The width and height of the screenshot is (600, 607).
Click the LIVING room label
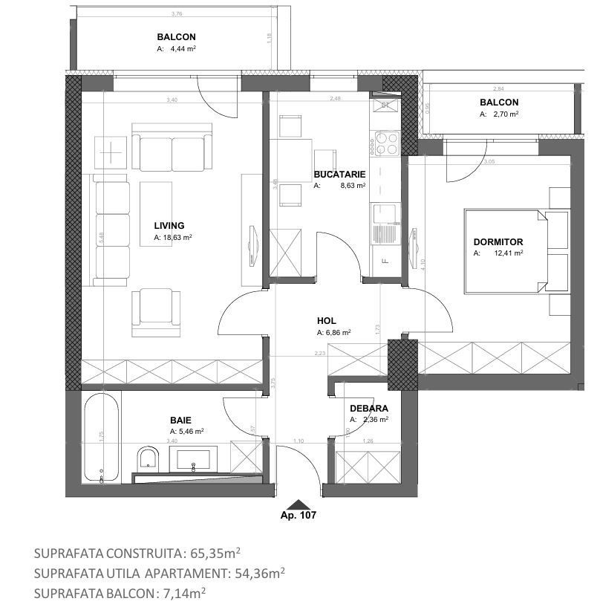[x=169, y=226]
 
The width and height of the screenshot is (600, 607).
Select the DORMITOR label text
[x=498, y=241]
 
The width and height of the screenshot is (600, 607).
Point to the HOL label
[x=326, y=321]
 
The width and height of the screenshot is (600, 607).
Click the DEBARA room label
[x=369, y=408]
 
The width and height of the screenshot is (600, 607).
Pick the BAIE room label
[x=180, y=420]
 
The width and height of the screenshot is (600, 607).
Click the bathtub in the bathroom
[x=102, y=438]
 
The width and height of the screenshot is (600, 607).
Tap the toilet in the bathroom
[x=148, y=458]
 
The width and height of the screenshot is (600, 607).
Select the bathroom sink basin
[x=194, y=458]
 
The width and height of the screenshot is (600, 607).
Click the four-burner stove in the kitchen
[x=386, y=143]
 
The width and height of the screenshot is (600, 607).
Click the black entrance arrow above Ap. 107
[x=299, y=504]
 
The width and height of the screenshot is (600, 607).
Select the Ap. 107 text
[x=299, y=515]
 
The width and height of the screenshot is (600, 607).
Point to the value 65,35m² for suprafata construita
[x=215, y=554]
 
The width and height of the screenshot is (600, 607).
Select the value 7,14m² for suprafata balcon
[x=182, y=593]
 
